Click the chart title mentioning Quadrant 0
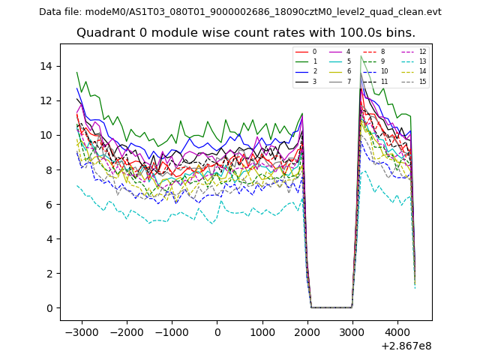click(x=245, y=33)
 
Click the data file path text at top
click(x=240, y=12)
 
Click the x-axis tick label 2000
click(x=307, y=331)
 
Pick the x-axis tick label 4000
click(x=397, y=331)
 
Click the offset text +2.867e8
click(x=406, y=346)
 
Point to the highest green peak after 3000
click(x=361, y=56)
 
